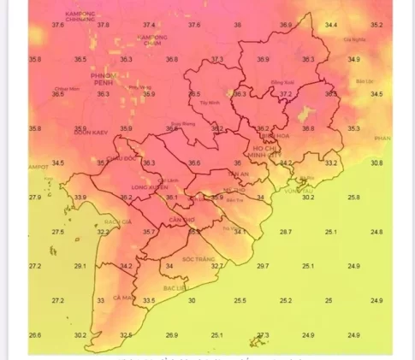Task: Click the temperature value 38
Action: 238,26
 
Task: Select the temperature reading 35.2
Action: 376,26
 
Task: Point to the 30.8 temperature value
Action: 376,162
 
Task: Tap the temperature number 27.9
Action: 35,198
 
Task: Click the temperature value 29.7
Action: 262,266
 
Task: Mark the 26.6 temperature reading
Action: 35,335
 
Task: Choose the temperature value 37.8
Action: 104,26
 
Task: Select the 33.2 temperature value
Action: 331,162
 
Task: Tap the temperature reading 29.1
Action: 80,266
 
